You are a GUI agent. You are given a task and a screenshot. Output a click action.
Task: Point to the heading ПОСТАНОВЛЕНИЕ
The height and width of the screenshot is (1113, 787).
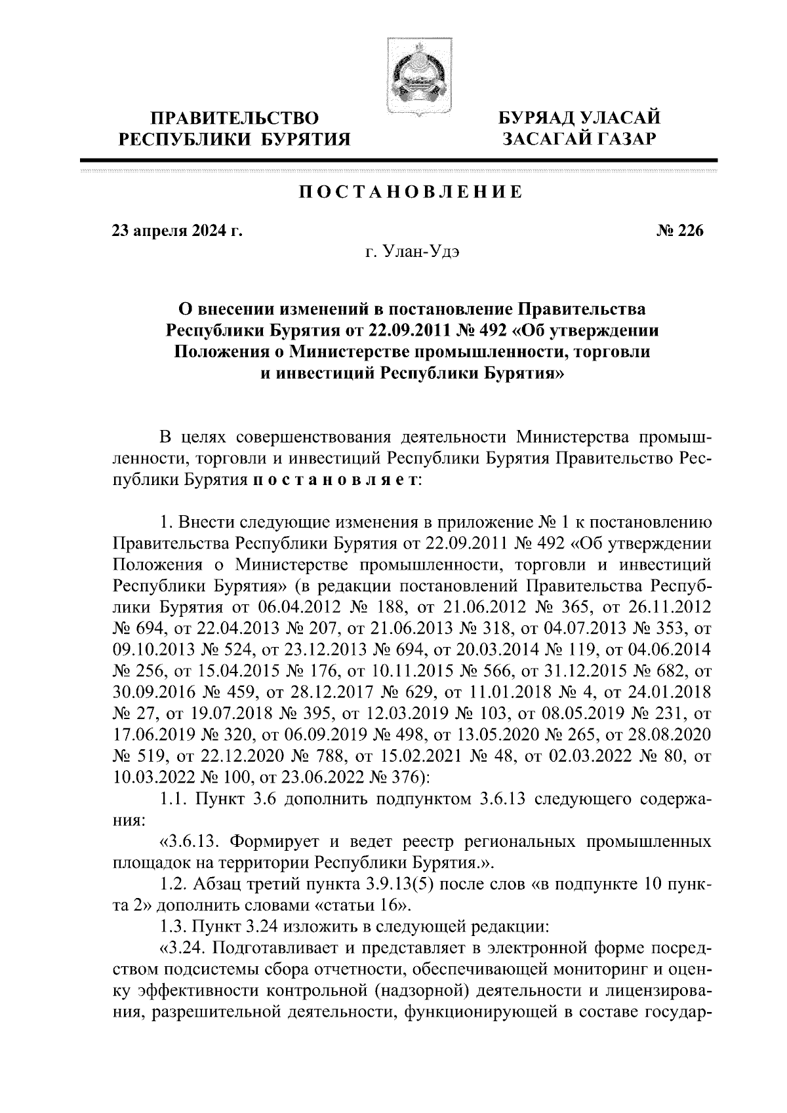411,192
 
